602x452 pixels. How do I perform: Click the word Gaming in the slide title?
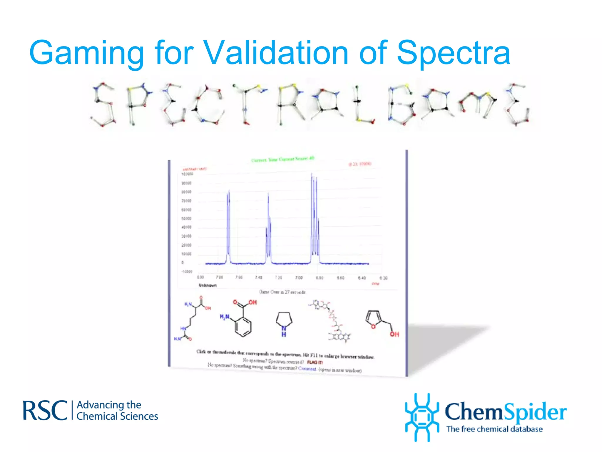[87, 53]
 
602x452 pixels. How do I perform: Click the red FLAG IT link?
[315, 362]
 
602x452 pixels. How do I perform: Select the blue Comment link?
[307, 368]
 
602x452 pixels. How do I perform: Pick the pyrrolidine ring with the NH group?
[284, 323]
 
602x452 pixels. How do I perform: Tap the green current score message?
[282, 159]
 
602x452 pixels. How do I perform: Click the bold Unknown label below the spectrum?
[208, 285]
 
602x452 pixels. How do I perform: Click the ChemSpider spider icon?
[422, 417]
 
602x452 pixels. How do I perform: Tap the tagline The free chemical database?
[494, 429]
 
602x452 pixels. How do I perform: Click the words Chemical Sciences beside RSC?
[117, 416]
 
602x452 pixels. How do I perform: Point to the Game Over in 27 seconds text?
[282, 292]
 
